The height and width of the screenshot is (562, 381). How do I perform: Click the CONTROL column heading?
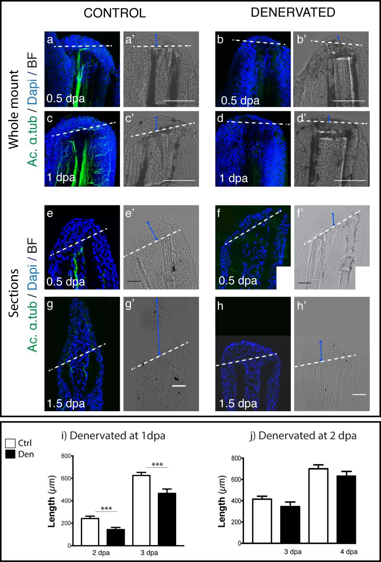115,13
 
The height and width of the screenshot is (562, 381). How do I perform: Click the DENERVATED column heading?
293,12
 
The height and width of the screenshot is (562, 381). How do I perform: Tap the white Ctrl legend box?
11,443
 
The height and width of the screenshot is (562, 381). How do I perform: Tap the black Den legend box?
11,454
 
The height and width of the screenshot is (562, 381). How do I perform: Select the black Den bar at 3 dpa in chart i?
166,519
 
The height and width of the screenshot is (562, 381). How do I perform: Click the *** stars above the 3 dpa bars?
157,465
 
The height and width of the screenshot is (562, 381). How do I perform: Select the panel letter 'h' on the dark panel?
221,306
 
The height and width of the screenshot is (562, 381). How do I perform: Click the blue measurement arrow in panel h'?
321,351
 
